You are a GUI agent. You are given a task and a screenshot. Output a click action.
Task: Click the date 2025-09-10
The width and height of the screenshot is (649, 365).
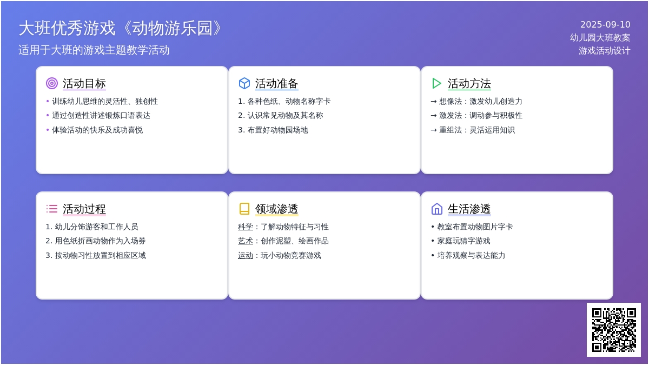click(605, 25)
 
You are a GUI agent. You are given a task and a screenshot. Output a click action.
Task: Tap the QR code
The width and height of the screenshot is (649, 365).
click(614, 330)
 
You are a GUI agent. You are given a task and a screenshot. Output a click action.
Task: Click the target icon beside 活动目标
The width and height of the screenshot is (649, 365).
click(52, 83)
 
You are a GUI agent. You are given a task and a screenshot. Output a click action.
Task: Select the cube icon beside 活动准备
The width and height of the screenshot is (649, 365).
click(244, 83)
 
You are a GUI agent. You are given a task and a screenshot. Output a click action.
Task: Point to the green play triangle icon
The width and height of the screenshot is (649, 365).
click(436, 83)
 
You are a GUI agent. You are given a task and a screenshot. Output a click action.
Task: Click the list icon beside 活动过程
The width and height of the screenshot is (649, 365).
click(52, 209)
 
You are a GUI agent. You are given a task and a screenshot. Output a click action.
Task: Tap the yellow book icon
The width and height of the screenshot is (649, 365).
click(244, 209)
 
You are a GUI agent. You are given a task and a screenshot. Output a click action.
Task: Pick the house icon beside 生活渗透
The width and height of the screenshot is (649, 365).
click(436, 209)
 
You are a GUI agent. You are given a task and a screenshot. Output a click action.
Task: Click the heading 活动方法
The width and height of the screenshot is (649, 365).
click(469, 83)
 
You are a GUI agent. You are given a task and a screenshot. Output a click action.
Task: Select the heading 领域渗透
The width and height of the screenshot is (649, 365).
click(277, 209)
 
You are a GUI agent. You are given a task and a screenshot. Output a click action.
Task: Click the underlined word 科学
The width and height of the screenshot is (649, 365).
click(246, 227)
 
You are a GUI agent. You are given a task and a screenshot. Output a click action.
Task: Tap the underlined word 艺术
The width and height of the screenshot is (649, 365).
click(246, 241)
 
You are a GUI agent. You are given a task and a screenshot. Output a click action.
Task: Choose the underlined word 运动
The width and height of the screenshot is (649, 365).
click(246, 255)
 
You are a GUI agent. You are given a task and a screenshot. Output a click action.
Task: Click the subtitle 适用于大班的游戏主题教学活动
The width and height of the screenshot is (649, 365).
click(94, 50)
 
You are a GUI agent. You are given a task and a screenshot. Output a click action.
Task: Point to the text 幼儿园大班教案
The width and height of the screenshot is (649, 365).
click(600, 38)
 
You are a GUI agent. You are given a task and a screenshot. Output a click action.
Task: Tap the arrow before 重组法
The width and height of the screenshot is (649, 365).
click(433, 130)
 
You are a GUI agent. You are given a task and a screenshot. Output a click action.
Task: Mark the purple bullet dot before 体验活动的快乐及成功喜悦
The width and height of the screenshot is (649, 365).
click(48, 130)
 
